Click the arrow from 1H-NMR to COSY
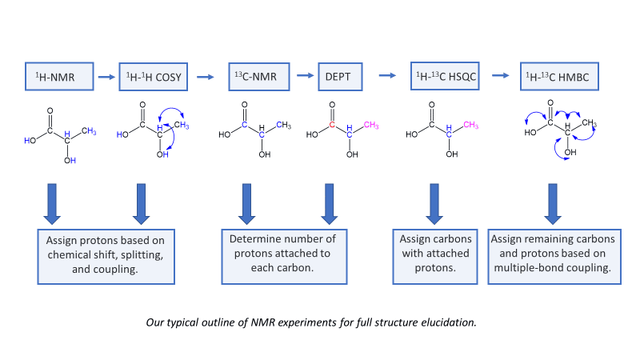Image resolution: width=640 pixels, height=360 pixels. click(x=106, y=77)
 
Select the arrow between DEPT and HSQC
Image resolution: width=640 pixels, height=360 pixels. click(x=387, y=76)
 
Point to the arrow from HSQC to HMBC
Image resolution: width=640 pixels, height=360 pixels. click(x=501, y=77)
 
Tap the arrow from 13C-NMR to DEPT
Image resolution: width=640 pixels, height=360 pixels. click(x=305, y=76)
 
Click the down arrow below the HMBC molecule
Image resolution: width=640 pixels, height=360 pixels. click(x=551, y=204)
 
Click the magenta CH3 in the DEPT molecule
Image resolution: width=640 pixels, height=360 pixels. click(x=370, y=124)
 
